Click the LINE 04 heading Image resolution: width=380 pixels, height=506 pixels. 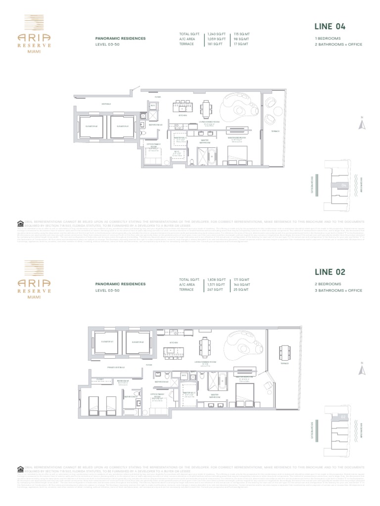pos(330,27)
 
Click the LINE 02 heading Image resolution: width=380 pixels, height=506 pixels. pos(330,272)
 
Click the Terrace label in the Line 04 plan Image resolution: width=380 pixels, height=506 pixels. pos(276,131)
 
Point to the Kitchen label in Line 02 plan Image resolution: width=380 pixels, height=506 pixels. pos(174,342)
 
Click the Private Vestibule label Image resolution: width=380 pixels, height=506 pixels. pos(115,367)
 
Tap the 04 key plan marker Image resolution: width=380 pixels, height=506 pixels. pos(343,185)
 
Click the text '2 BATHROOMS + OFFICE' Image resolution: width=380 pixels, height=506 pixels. pos(338,44)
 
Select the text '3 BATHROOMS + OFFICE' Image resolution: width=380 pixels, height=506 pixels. pos(338,290)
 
